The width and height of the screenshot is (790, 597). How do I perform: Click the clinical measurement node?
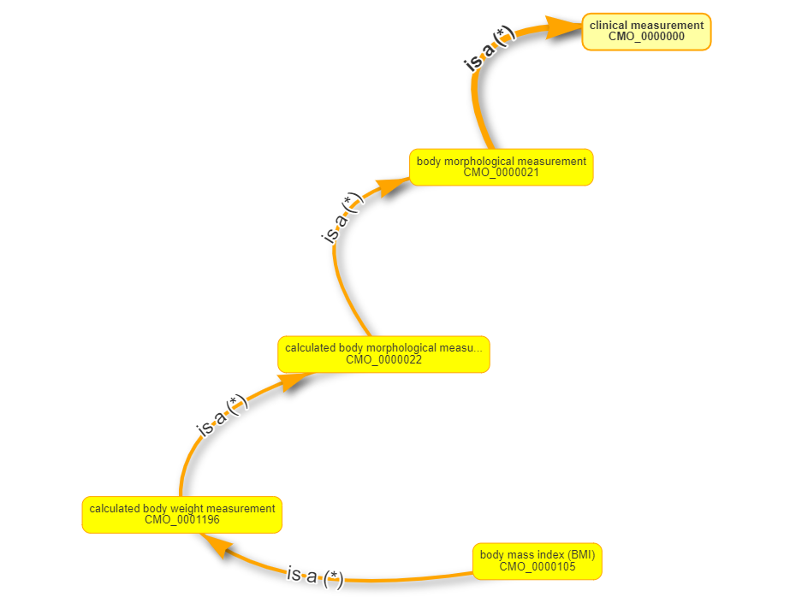click(x=646, y=32)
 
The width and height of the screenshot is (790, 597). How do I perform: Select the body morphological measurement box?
click(x=501, y=167)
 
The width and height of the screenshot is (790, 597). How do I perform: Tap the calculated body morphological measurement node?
click(x=383, y=354)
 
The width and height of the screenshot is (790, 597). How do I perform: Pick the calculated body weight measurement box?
click(x=181, y=514)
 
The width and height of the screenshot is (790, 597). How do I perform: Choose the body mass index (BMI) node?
click(x=537, y=561)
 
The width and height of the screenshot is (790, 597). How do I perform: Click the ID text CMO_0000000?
click(x=646, y=37)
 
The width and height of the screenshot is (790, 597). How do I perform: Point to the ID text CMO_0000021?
click(x=501, y=172)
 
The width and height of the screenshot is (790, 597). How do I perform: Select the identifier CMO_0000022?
click(x=383, y=360)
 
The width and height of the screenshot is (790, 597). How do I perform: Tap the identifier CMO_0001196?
click(x=181, y=520)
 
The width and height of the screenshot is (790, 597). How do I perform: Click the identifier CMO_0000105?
click(x=537, y=566)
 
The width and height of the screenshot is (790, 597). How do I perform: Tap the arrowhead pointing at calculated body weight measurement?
click(x=215, y=546)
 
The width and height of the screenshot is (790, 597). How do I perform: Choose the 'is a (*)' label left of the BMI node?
click(x=314, y=576)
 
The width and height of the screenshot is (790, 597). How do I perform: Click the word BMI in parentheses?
click(x=583, y=555)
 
